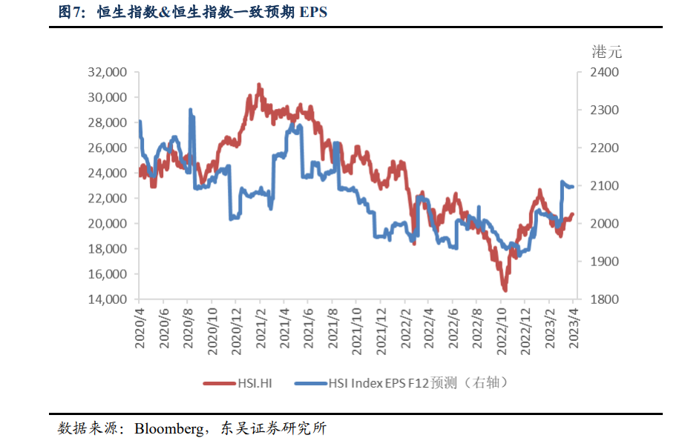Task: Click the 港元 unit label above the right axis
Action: [607, 52]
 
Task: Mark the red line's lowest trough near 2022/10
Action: [505, 290]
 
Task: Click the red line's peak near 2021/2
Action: [259, 85]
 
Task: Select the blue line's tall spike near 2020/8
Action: [191, 110]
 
